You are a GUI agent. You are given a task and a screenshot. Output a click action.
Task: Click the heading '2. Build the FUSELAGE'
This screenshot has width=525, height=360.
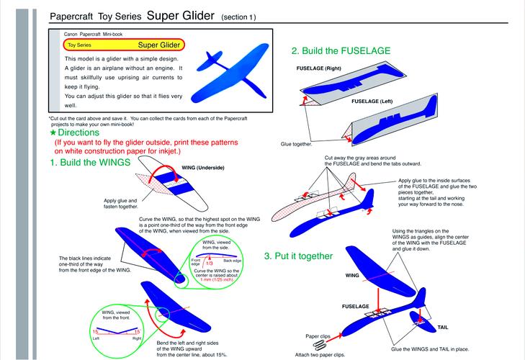(341, 51)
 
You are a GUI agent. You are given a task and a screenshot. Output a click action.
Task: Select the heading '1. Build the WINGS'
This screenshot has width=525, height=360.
(90, 163)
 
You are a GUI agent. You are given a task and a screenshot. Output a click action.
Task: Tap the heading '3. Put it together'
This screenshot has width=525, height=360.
(298, 256)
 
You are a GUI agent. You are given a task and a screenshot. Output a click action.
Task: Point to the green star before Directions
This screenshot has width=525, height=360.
(53, 132)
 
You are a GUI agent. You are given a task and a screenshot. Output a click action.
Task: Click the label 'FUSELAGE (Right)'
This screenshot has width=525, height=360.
(319, 68)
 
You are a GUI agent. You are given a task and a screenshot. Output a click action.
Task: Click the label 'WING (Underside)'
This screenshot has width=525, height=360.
(204, 168)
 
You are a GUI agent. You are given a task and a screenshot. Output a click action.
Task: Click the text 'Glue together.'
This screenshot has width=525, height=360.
(297, 144)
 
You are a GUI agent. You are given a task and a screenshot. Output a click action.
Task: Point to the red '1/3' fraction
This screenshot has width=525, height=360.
(207, 264)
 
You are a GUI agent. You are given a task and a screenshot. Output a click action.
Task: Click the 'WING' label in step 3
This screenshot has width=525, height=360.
(352, 275)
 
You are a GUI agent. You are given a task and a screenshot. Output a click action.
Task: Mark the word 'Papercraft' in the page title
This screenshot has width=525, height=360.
(73, 17)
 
